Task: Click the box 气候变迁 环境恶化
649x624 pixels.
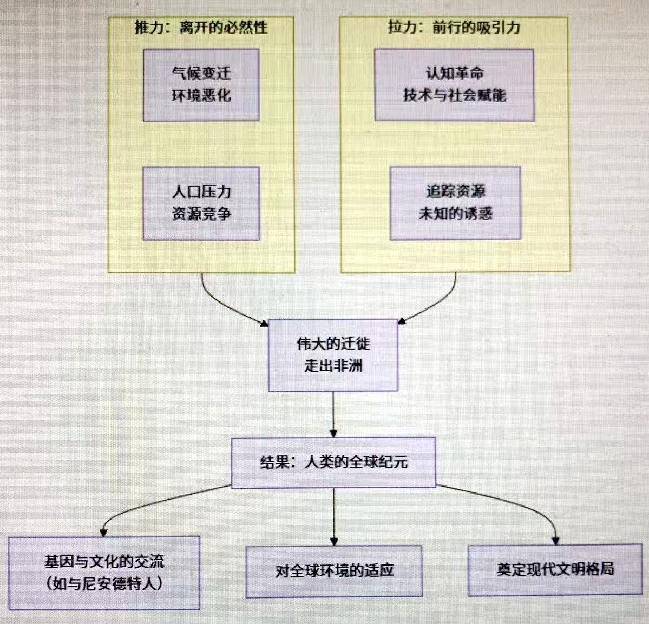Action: coord(201,85)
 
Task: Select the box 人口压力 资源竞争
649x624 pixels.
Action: coord(201,203)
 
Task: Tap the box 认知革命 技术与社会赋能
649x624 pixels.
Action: coord(454,84)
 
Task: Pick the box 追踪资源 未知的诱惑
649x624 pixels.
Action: coord(455,202)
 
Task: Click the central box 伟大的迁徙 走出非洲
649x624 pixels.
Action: coord(333,355)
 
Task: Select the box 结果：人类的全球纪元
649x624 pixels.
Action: coord(333,462)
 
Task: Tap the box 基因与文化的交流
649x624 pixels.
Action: coord(104,573)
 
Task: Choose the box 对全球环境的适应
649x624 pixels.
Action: coord(334,571)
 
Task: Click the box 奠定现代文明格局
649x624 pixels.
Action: coord(555,569)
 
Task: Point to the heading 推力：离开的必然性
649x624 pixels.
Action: coord(201,27)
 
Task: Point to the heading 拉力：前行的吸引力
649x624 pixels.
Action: coord(454,27)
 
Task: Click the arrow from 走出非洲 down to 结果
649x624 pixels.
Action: coord(333,414)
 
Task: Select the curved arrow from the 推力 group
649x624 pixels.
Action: coord(222,306)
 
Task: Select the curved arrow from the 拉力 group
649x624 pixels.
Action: coord(436,306)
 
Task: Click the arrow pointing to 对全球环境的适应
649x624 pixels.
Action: coord(334,517)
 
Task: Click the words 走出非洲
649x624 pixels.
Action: coord(333,366)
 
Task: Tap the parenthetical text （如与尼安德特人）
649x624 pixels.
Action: coord(104,583)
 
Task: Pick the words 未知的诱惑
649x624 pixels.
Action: coord(455,213)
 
